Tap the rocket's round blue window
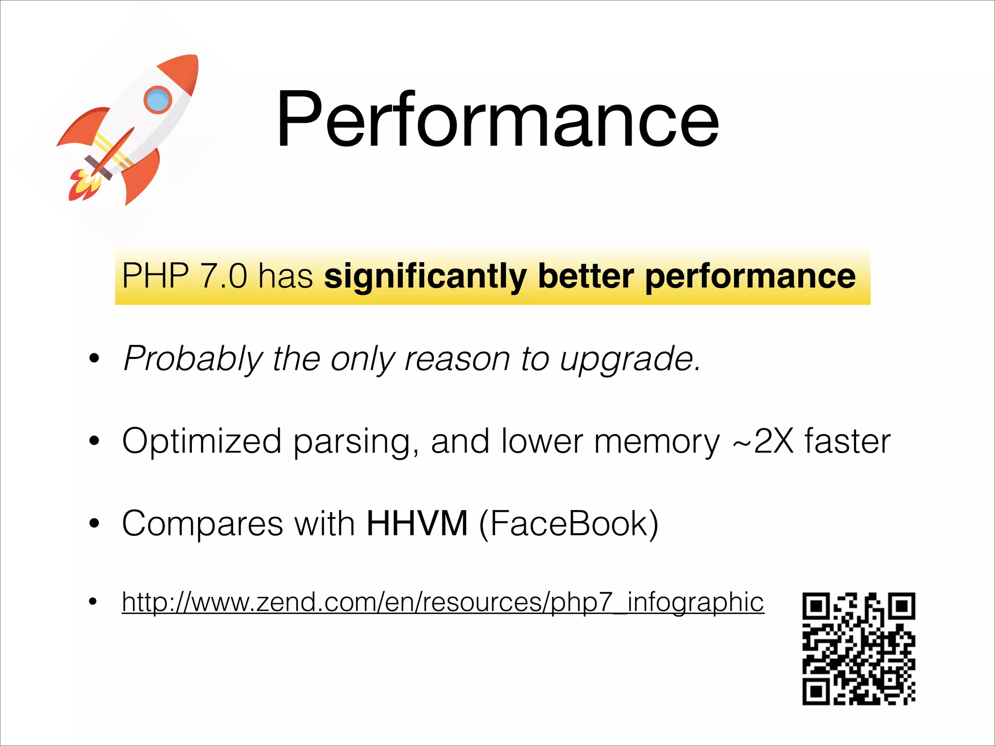pos(157,100)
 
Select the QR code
pos(858,648)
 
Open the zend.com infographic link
pos(443,602)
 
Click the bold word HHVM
pos(417,524)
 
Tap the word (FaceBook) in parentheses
pos(568,524)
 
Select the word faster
pos(847,441)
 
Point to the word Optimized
pos(202,441)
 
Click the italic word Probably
pos(193,359)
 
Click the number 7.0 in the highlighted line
pos(223,276)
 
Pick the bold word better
pos(585,276)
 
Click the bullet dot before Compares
pos(94,524)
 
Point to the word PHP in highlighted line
pos(155,276)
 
